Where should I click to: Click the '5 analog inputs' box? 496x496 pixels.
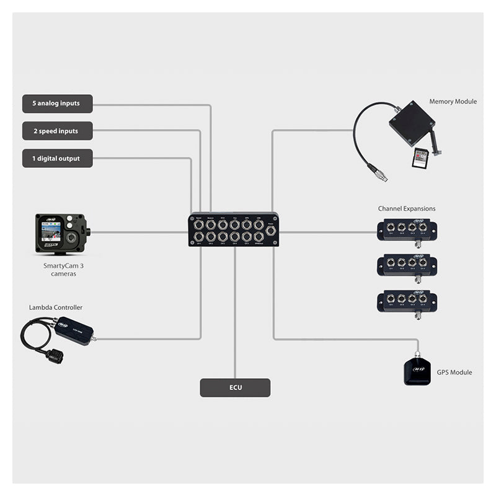click(57, 104)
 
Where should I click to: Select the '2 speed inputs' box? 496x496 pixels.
click(57, 131)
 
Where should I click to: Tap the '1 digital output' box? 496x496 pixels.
click(57, 159)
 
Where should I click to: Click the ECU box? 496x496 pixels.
click(235, 388)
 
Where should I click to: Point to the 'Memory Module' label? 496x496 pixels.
click(453, 102)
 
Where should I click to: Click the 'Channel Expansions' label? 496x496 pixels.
click(407, 209)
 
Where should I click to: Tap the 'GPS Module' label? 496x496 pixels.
click(454, 373)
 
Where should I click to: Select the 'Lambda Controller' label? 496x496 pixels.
click(56, 308)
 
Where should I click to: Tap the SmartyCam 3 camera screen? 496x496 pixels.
click(50, 232)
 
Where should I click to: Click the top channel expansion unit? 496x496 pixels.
click(407, 230)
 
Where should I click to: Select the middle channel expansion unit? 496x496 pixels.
click(407, 265)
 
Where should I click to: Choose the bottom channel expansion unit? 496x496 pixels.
click(407, 301)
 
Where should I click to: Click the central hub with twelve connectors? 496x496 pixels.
click(234, 230)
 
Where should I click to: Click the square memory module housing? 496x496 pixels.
click(411, 123)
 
